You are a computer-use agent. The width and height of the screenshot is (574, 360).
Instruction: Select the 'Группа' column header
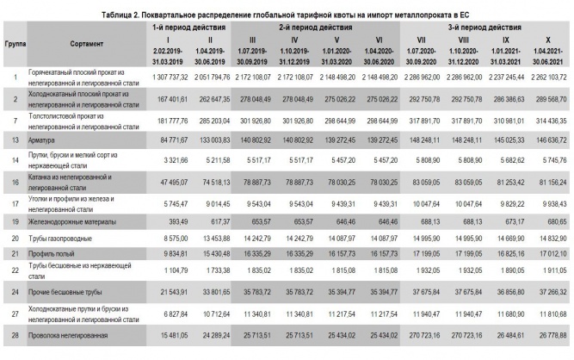pos(14,43)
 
